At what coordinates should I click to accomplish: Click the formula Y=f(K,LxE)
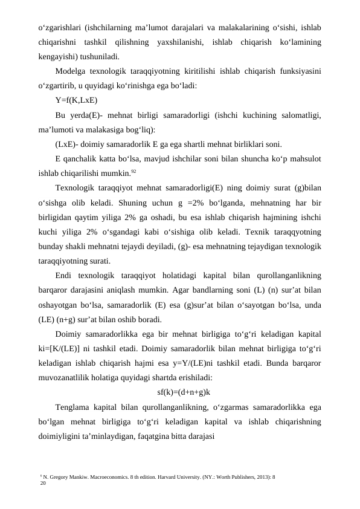(76, 100)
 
